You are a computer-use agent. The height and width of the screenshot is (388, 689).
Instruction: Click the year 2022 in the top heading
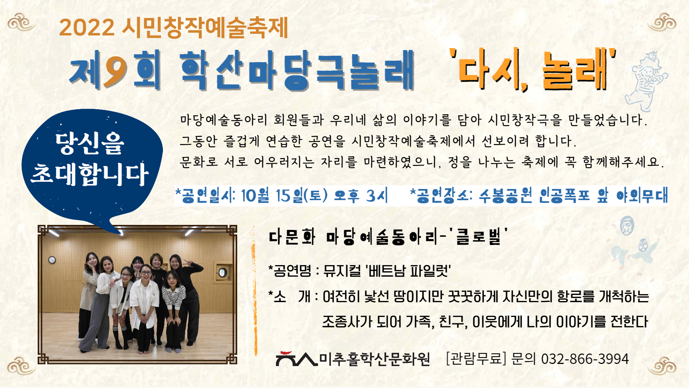pyautogui.click(x=87, y=27)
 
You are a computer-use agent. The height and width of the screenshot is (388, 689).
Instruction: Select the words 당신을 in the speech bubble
pyautogui.click(x=90, y=143)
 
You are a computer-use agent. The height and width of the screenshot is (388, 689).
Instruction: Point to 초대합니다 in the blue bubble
pyautogui.click(x=90, y=174)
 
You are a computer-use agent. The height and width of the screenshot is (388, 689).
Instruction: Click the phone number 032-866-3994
pyautogui.click(x=585, y=359)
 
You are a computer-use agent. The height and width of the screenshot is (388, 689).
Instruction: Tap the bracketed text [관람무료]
pyautogui.click(x=476, y=359)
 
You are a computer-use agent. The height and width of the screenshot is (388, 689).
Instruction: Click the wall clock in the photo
pyautogui.click(x=52, y=260)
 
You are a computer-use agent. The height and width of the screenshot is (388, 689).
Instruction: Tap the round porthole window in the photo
pyautogui.click(x=222, y=273)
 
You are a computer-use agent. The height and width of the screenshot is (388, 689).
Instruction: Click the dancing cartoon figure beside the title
pyautogui.click(x=646, y=81)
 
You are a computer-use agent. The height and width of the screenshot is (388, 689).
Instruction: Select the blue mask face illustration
pyautogui.click(x=627, y=226)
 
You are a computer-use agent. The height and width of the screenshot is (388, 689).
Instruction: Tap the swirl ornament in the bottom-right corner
pyautogui.click(x=662, y=366)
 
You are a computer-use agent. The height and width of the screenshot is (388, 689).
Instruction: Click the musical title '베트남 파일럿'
pyautogui.click(x=408, y=270)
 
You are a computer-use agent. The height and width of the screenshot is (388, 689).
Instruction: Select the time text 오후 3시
pyautogui.click(x=361, y=196)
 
